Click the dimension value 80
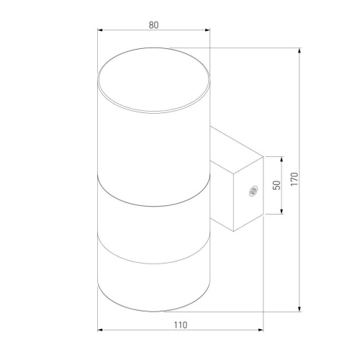coord(153,24)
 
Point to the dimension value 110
coord(180,325)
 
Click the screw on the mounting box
coord(252,192)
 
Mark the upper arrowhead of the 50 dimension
coord(281,158)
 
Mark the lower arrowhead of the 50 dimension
coord(281,212)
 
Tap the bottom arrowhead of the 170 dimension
coord(298,310)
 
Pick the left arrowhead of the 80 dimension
coord(99,31)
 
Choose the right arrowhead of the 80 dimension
coord(208,31)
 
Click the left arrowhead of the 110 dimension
coord(99,331)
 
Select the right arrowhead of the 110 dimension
coord(260,331)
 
